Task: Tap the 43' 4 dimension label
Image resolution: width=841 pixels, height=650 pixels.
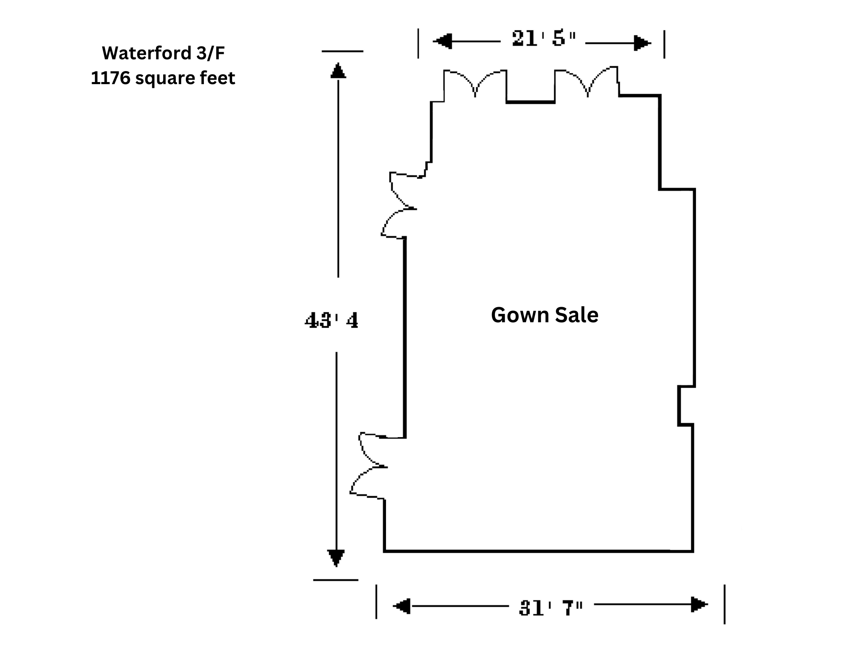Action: [x=331, y=321]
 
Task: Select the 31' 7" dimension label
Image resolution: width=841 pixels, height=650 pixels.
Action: [x=551, y=608]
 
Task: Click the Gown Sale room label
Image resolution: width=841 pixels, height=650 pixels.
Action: [x=545, y=315]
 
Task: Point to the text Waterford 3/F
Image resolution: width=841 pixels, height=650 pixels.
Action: [x=163, y=53]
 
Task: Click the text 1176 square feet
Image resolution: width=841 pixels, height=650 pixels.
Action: [x=163, y=78]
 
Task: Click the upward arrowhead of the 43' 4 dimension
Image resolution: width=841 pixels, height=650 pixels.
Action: [x=338, y=70]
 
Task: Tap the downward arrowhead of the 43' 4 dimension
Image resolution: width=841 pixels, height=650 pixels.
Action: [x=336, y=558]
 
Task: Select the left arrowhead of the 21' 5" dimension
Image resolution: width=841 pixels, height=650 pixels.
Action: [x=442, y=41]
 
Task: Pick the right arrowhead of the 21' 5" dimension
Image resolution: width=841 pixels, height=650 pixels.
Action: [x=642, y=43]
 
